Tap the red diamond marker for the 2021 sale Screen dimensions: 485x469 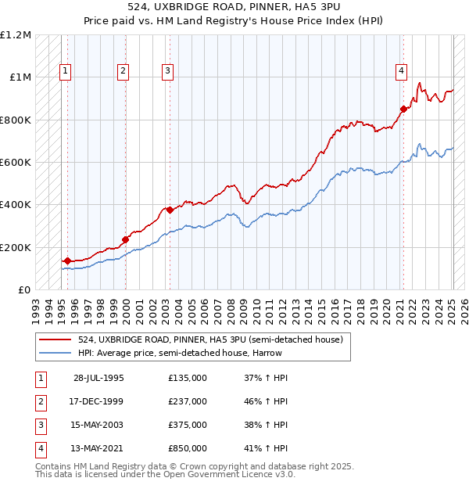tap(404, 109)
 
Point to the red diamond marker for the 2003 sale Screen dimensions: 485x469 tap(170, 210)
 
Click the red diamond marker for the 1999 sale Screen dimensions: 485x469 tap(125, 239)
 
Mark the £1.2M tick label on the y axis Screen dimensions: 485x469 tap(16, 35)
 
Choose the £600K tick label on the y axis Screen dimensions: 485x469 tap(16, 163)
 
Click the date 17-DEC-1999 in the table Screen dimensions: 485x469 tap(98, 401)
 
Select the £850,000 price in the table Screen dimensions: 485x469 tap(188, 448)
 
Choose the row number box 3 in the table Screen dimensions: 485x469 tap(39, 425)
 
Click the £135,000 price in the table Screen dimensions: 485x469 tap(188, 378)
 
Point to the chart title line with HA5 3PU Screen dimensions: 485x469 tap(234, 8)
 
